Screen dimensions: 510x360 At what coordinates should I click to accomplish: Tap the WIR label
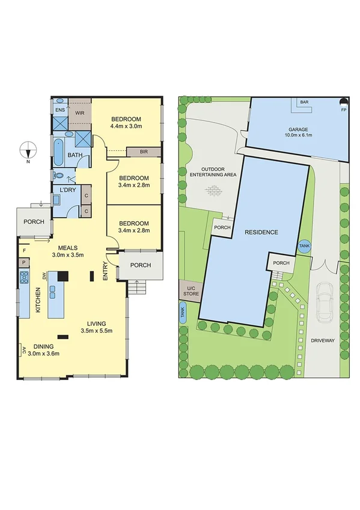point(79,112)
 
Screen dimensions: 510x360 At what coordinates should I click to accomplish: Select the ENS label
point(59,111)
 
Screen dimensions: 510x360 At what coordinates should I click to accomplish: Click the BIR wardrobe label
point(144,152)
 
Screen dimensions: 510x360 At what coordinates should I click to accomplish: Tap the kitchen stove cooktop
point(25,277)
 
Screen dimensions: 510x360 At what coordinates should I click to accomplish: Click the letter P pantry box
point(24,262)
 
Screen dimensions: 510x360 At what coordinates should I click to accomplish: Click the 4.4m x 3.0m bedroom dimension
point(126,126)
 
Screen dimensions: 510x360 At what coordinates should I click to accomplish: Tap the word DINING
point(42,346)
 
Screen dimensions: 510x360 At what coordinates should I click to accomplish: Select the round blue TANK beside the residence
point(304,247)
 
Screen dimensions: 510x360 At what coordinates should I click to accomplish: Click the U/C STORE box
point(191,292)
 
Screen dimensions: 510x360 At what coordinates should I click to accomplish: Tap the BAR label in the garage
point(304,103)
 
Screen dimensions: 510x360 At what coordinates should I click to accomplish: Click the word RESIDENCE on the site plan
point(261,232)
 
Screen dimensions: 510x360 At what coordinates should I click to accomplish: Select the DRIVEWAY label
point(322,341)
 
